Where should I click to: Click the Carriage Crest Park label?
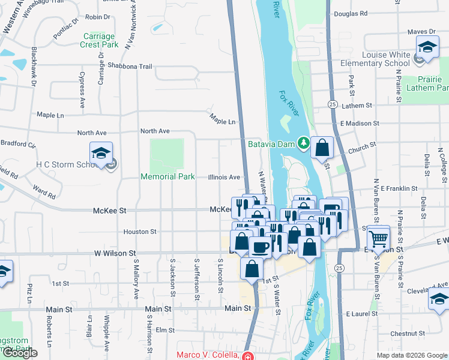[100, 40]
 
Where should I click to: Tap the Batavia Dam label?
[273, 143]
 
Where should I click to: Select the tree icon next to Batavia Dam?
[304, 143]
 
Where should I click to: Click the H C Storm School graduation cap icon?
[101, 152]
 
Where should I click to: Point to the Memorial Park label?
[167, 176]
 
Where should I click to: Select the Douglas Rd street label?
[351, 13]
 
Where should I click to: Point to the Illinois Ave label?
[224, 177]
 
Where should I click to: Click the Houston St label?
[140, 231]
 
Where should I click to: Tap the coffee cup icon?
[260, 247]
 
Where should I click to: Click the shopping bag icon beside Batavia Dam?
[322, 148]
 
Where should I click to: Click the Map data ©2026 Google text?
[411, 355]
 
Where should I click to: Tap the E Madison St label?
[360, 123]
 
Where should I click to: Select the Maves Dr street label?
[421, 31]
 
